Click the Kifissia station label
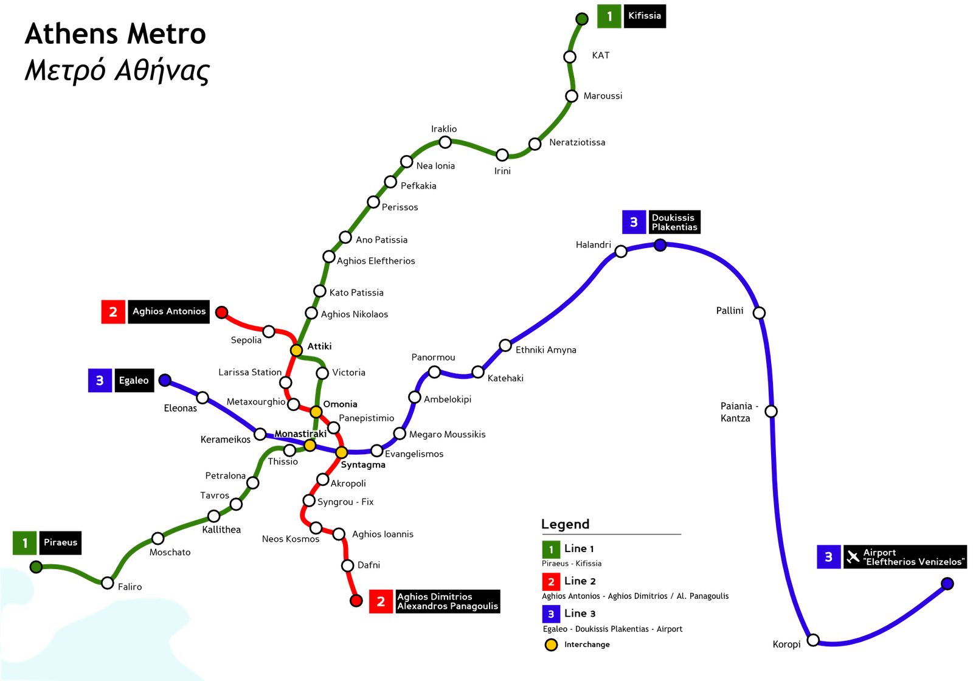point(644,16)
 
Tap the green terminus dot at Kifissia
point(582,19)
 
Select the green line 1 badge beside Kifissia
point(609,16)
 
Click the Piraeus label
point(60,542)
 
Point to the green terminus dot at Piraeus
point(36,567)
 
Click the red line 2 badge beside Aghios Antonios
point(113,312)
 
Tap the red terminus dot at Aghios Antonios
point(222,313)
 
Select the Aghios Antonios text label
point(169,311)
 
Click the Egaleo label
point(134,381)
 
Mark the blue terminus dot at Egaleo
point(165,380)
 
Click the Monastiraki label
point(300,434)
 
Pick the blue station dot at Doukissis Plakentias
point(660,245)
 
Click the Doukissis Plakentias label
point(674,223)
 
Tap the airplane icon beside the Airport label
point(853,556)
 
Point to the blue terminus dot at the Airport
point(947,584)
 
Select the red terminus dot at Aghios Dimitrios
point(356,601)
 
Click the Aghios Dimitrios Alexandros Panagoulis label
point(447,601)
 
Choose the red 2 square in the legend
point(551,582)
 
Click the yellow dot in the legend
point(551,645)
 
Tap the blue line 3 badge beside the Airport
point(828,556)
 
